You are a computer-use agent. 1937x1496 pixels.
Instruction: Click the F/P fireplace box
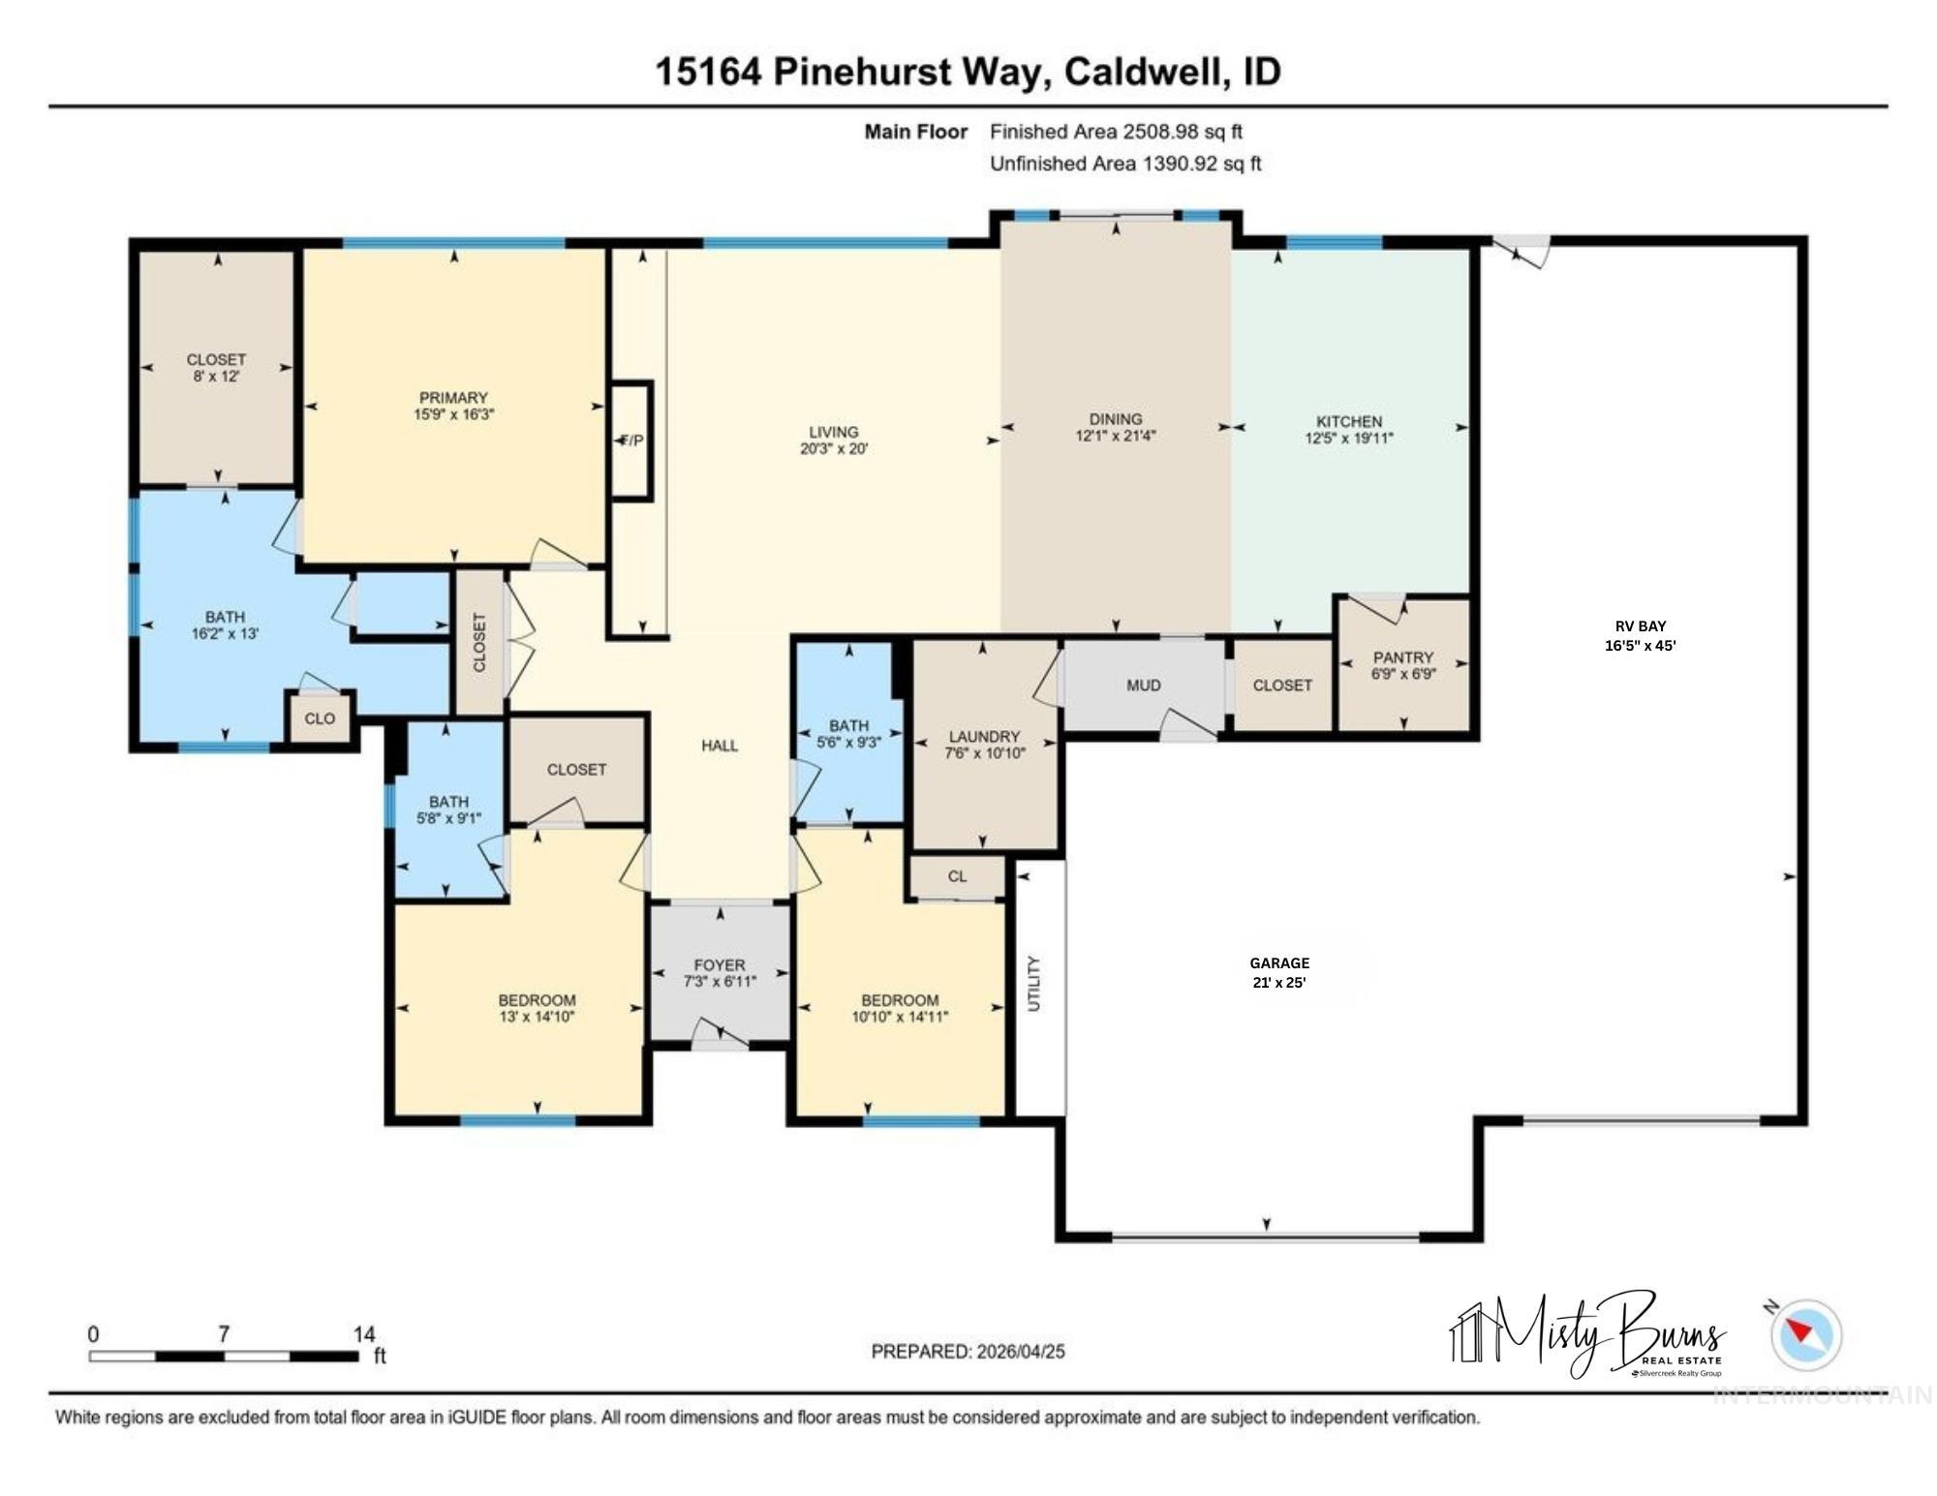pyautogui.click(x=630, y=441)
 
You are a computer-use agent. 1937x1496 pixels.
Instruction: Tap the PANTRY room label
pyautogui.click(x=1402, y=657)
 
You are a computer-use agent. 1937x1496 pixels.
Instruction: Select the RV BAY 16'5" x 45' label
pyautogui.click(x=1640, y=636)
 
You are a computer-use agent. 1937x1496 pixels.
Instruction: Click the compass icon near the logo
pyautogui.click(x=1805, y=1334)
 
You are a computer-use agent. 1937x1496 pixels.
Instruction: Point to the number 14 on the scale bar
pyautogui.click(x=364, y=1334)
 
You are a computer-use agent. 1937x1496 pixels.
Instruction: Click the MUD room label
pyautogui.click(x=1143, y=686)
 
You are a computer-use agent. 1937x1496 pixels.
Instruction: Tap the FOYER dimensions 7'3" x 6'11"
pyautogui.click(x=720, y=981)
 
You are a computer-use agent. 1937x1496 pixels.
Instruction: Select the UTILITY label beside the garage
pyautogui.click(x=1033, y=984)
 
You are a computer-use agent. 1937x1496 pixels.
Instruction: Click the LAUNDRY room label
pyautogui.click(x=984, y=737)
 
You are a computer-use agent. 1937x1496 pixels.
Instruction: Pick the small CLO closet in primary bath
pyautogui.click(x=320, y=718)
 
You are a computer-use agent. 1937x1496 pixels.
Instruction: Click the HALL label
pyautogui.click(x=720, y=746)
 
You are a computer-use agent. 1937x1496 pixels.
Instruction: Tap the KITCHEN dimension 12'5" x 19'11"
pyautogui.click(x=1348, y=438)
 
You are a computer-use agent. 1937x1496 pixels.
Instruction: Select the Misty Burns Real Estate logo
pyautogui.click(x=1588, y=1334)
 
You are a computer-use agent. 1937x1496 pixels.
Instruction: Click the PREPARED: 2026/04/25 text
pyautogui.click(x=968, y=1351)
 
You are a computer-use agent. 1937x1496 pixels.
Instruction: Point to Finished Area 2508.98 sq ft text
pyautogui.click(x=1116, y=132)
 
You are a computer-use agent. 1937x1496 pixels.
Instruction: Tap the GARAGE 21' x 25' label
pyautogui.click(x=1278, y=972)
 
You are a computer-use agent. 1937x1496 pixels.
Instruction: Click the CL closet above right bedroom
pyautogui.click(x=957, y=876)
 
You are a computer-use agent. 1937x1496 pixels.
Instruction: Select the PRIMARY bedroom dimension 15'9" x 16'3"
pyautogui.click(x=453, y=414)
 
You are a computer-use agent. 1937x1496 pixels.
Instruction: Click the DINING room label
pyautogui.click(x=1115, y=419)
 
